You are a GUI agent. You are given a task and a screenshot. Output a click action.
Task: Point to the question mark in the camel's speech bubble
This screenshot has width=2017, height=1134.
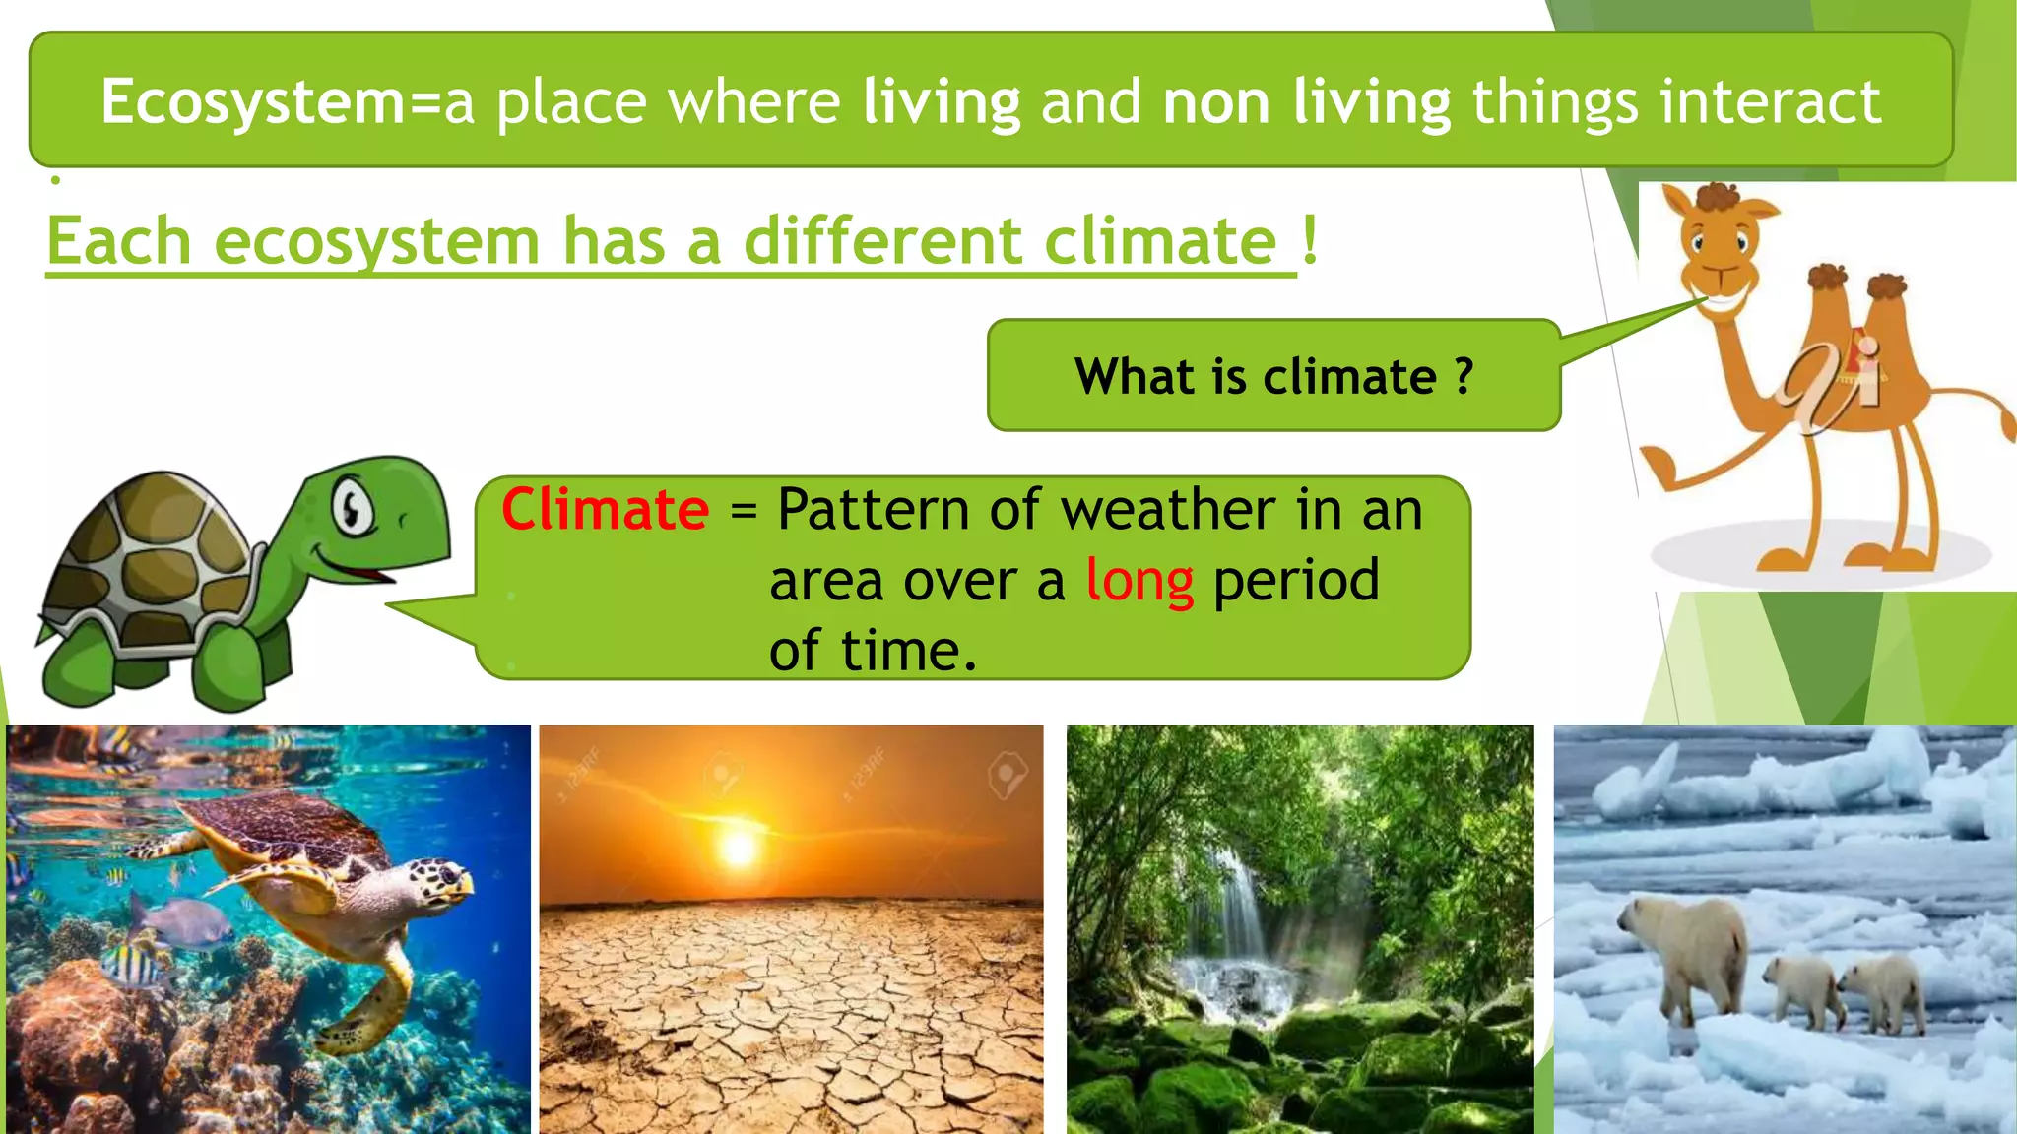click(x=1464, y=376)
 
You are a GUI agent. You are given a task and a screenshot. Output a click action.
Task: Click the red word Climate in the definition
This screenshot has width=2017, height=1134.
click(x=605, y=510)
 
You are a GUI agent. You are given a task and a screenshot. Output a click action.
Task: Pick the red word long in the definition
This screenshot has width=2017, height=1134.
click(x=1139, y=581)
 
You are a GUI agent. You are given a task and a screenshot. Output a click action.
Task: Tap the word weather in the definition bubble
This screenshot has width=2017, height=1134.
click(x=1168, y=510)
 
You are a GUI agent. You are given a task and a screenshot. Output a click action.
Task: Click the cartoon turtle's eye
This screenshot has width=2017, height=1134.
click(x=352, y=507)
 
